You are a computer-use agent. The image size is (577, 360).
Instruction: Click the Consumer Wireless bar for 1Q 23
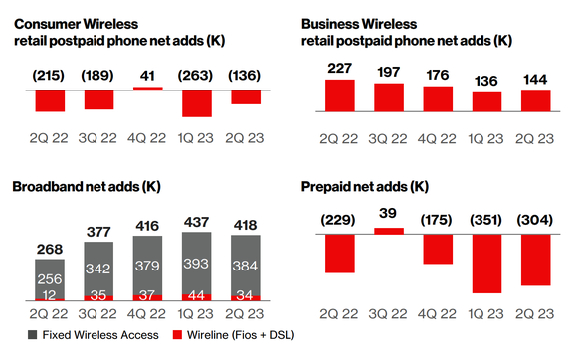(196, 102)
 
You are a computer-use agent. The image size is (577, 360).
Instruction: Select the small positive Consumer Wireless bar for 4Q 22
(147, 89)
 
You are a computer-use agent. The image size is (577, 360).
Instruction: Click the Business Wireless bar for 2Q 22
(340, 95)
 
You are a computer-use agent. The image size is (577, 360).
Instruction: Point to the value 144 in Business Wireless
(534, 73)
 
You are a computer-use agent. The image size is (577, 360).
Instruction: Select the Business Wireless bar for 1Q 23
(487, 101)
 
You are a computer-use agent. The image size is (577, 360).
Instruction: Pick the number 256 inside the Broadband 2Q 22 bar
(50, 279)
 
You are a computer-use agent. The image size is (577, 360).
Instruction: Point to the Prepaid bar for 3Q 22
(389, 231)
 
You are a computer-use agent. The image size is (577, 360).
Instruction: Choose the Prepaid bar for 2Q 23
(536, 260)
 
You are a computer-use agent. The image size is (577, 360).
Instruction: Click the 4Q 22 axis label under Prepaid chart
(438, 314)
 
